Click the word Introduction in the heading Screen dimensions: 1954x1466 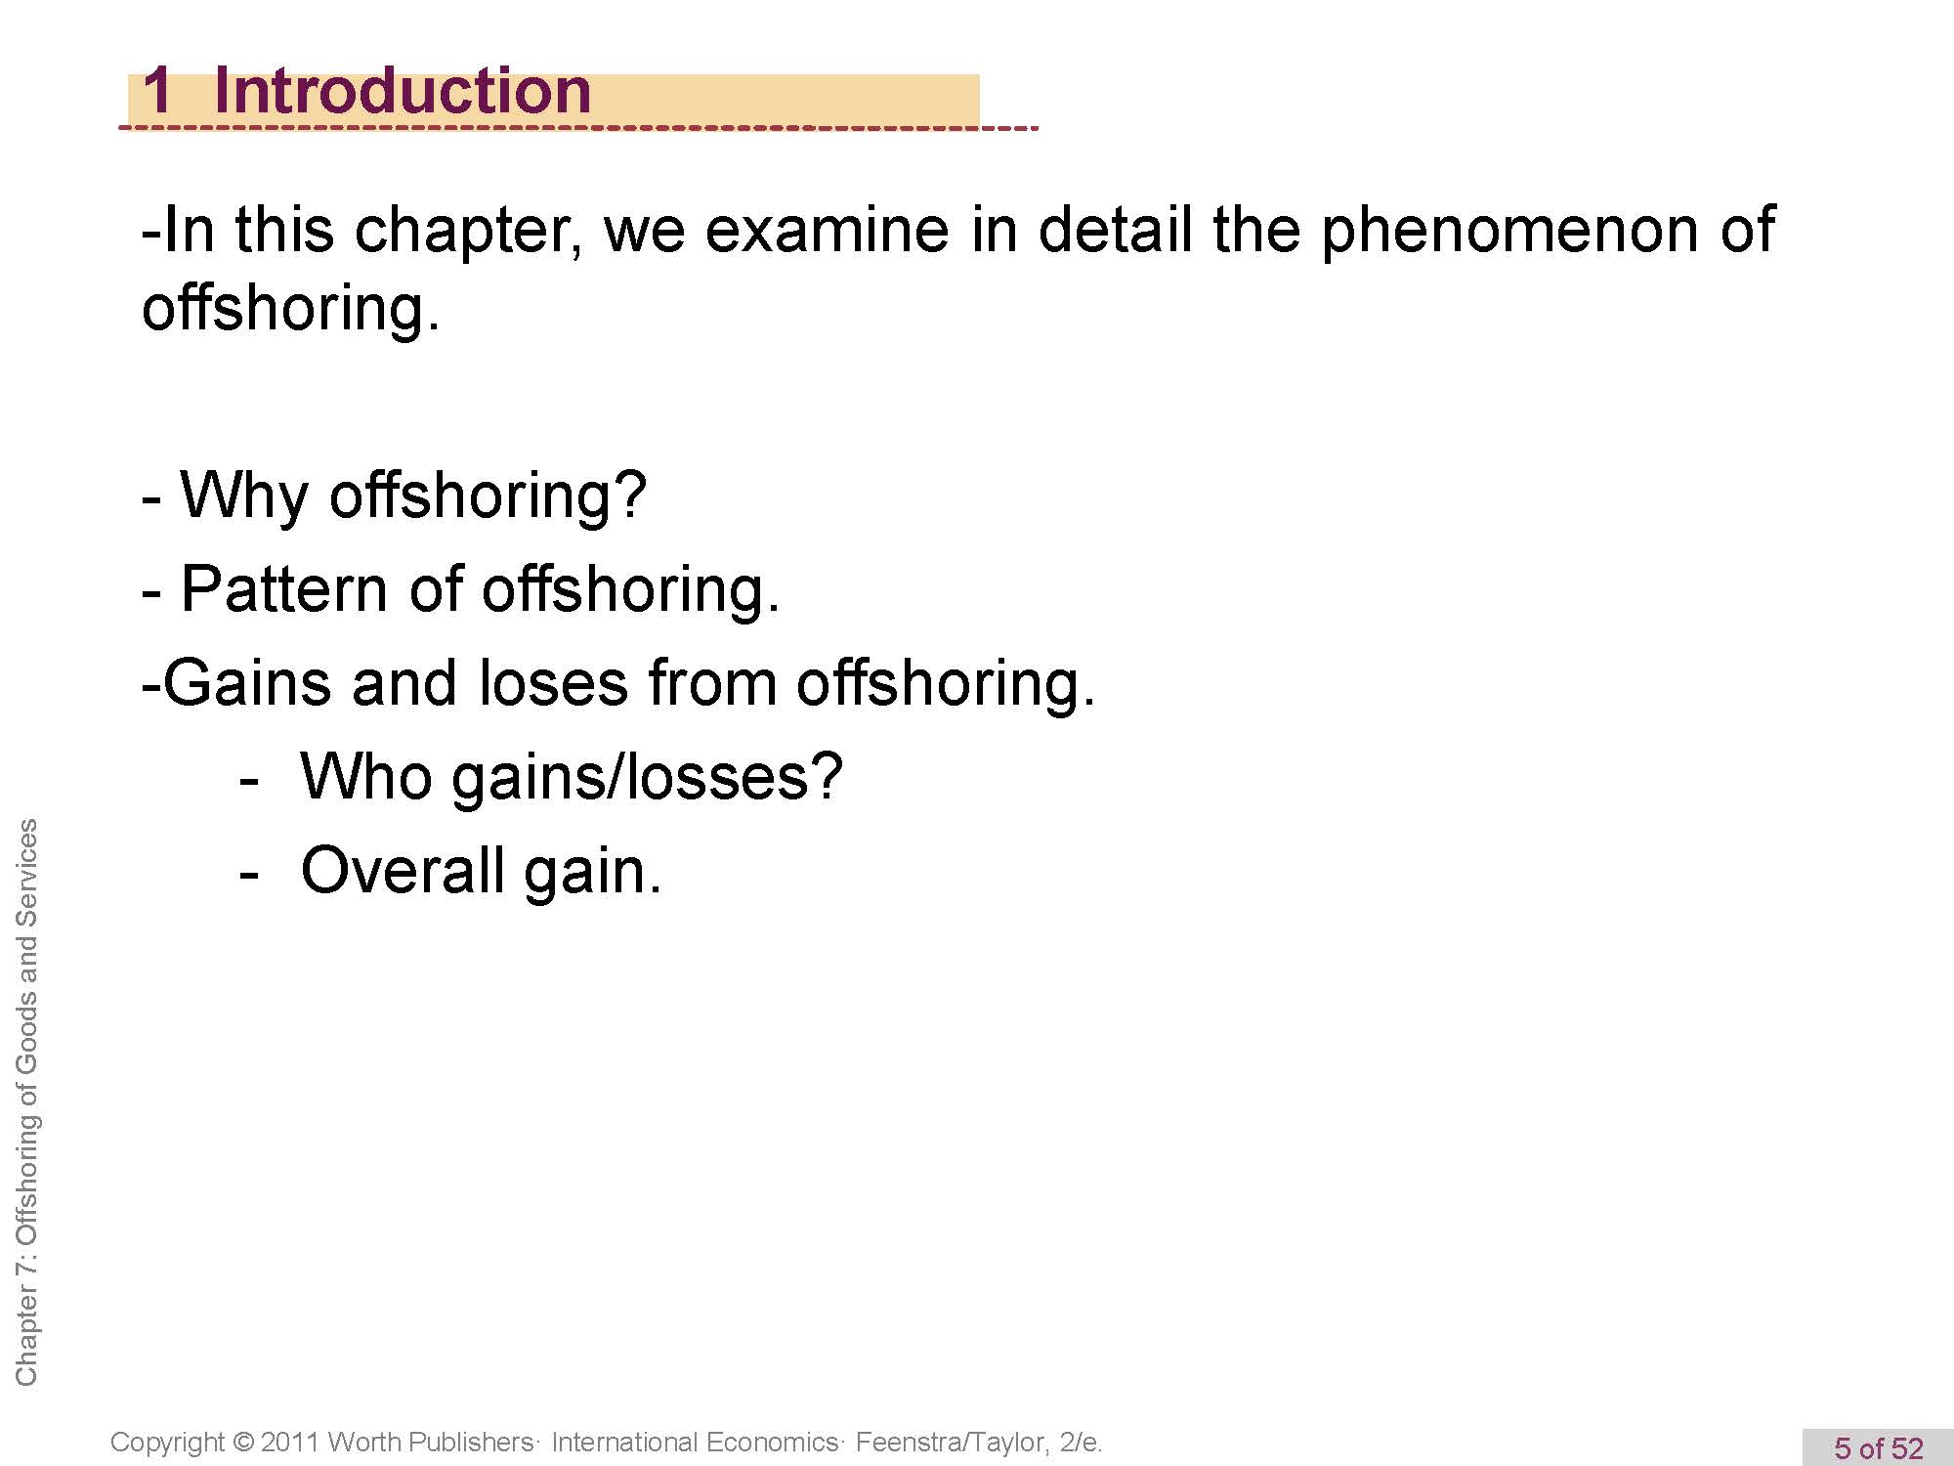[x=402, y=90]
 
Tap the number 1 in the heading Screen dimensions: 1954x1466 [x=157, y=90]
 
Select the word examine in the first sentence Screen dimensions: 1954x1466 [x=827, y=232]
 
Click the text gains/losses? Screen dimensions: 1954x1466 [x=647, y=779]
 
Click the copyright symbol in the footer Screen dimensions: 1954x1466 [x=243, y=1443]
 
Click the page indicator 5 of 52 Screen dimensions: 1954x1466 [x=1878, y=1447]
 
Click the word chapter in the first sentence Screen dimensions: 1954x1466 [x=467, y=232]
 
